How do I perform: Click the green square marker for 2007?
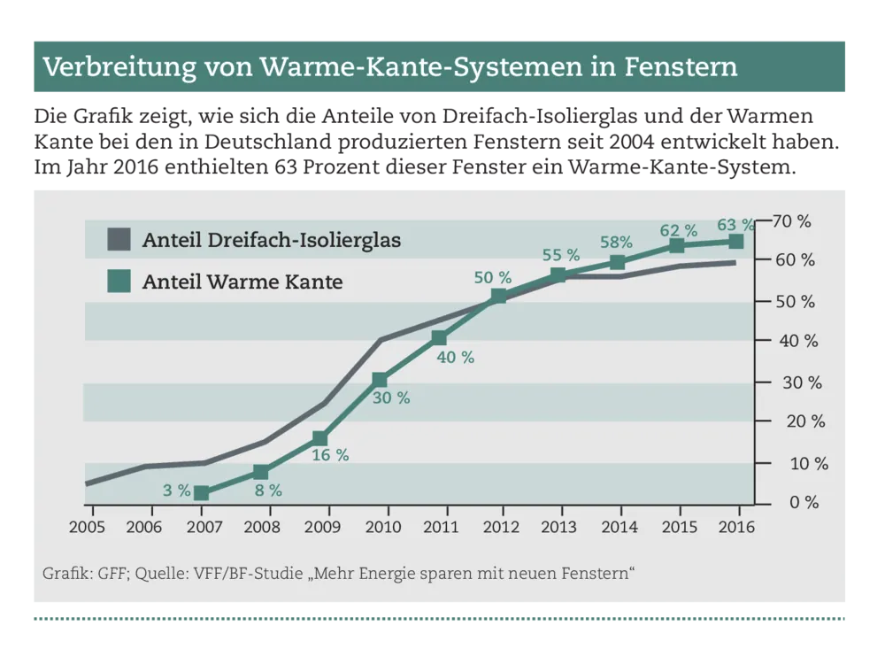(x=201, y=493)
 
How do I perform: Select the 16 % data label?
(x=329, y=455)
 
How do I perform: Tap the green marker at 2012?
(x=498, y=297)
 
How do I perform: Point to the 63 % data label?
(x=735, y=224)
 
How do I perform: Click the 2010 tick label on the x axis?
(x=382, y=527)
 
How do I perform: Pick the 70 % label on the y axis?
(x=792, y=221)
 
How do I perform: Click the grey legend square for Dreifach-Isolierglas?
(x=118, y=239)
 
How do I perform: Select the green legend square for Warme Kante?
(x=118, y=282)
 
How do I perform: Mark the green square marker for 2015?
(x=676, y=245)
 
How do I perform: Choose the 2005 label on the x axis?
(x=87, y=527)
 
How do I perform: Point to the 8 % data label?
(x=267, y=490)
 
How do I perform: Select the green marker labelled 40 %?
(x=439, y=337)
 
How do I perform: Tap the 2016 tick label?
(x=737, y=527)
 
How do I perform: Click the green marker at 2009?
(x=320, y=438)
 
